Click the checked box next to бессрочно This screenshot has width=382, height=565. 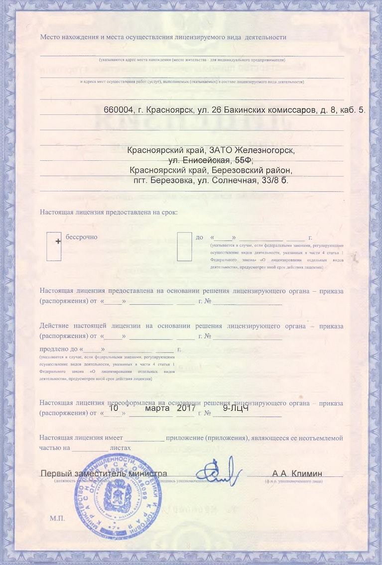point(54,246)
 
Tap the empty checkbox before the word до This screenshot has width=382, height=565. point(184,246)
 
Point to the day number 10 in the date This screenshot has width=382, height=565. point(114,408)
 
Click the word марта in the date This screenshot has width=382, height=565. point(157,408)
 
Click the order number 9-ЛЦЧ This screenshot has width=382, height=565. point(236,408)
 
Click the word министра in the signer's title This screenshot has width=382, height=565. point(146,473)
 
